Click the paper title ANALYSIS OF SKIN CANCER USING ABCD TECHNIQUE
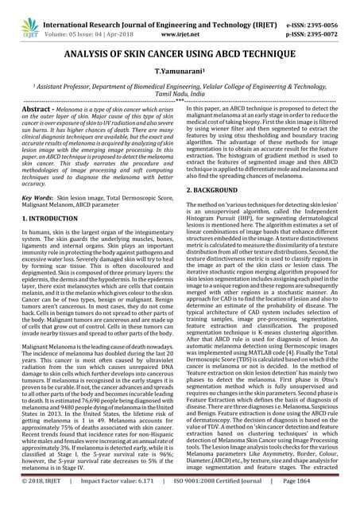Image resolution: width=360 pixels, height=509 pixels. tap(180, 52)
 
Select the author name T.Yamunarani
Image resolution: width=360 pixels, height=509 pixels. tap(180, 72)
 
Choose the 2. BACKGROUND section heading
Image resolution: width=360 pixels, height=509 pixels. tap(220, 192)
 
